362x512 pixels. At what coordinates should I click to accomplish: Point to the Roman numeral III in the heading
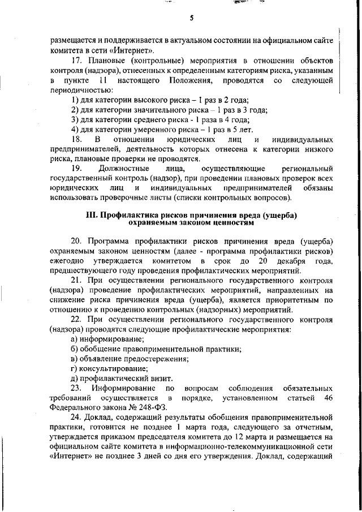92,216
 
